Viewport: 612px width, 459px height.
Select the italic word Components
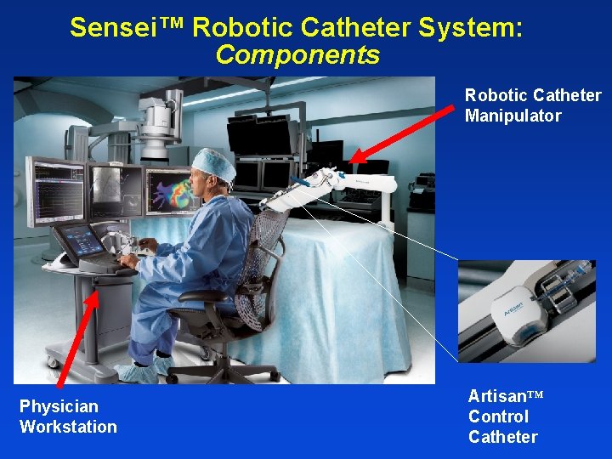tap(297, 55)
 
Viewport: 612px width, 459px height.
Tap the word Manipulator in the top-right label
tap(513, 116)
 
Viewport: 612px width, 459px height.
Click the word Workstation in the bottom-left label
tap(68, 427)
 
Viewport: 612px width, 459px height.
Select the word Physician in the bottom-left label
tap(59, 406)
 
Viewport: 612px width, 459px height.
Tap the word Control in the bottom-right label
tap(498, 416)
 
